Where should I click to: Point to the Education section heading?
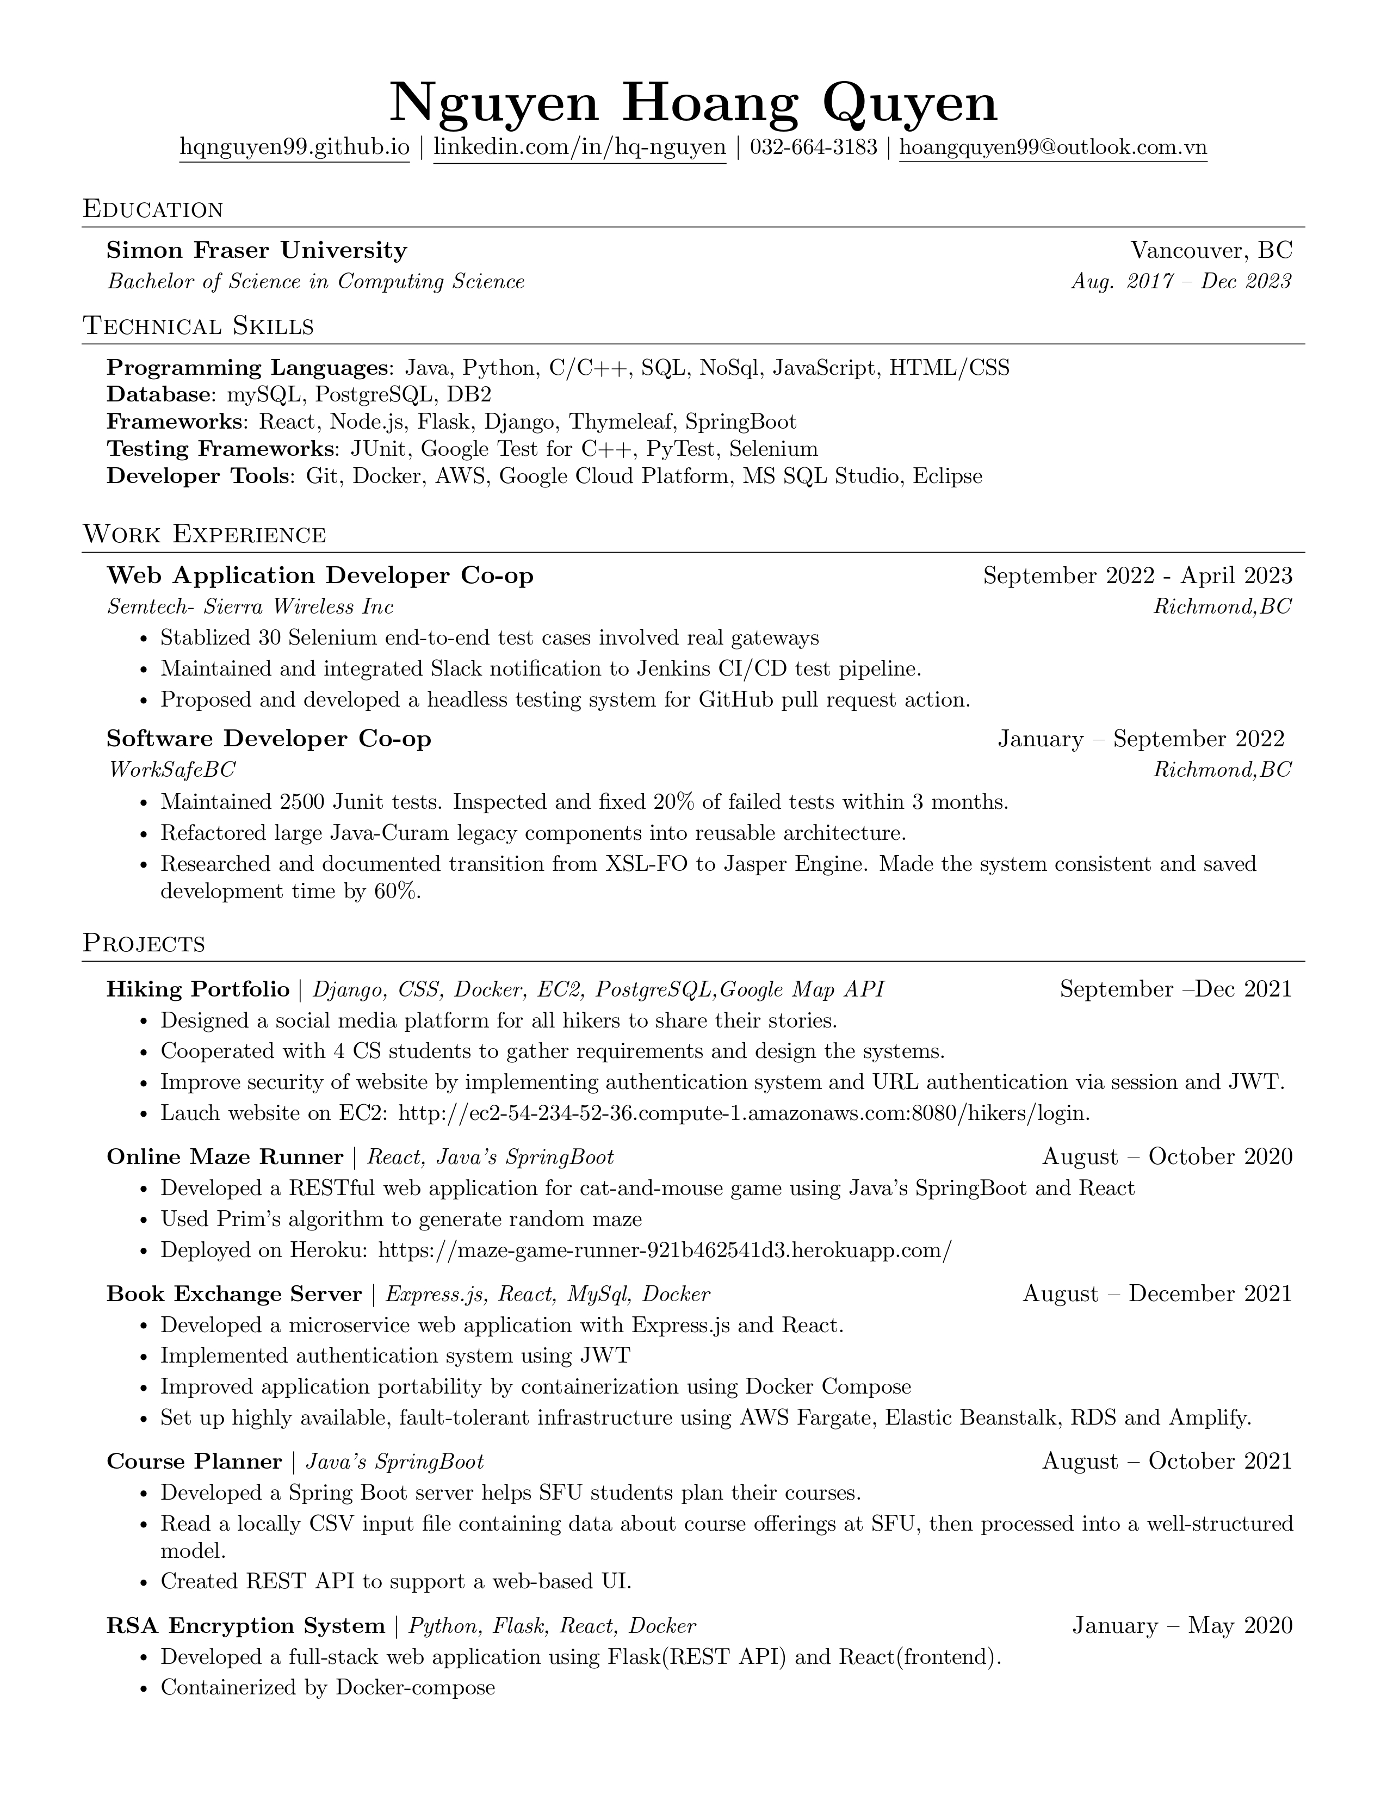coord(153,209)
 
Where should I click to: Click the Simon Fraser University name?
coord(256,250)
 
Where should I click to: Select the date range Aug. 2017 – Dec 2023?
coord(1181,282)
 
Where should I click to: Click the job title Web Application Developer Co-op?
coord(320,575)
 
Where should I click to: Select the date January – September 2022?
coord(1141,739)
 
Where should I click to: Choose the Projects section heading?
coord(144,944)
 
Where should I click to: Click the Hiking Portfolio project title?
coord(198,989)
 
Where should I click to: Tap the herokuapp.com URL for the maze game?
coord(665,1250)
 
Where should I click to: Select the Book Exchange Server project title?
coord(234,1295)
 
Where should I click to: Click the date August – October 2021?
coord(1167,1462)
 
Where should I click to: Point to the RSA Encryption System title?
coord(246,1626)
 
